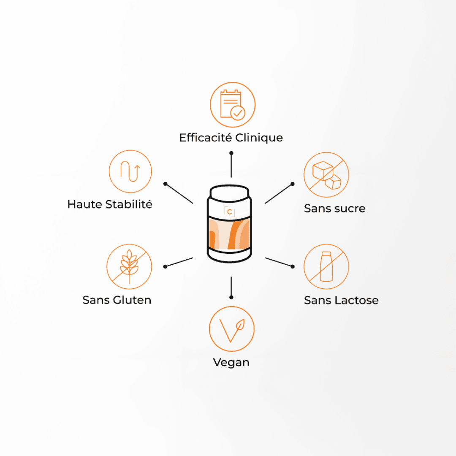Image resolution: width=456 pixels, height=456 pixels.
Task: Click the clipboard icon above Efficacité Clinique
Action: (x=232, y=105)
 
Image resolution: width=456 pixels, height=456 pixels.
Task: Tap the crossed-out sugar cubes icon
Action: (x=326, y=175)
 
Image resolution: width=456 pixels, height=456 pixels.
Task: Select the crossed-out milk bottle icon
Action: (x=326, y=266)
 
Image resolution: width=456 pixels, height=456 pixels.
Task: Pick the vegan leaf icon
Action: (x=231, y=329)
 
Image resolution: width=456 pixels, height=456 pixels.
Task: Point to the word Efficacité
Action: (x=205, y=138)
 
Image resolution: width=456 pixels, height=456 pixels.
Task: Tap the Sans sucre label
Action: (x=334, y=208)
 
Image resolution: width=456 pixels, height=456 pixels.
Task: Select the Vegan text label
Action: (x=231, y=362)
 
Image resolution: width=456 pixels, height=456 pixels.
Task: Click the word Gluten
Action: (x=132, y=300)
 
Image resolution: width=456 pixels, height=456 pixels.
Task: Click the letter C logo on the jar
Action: (x=229, y=212)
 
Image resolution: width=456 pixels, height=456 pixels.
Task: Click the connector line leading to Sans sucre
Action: (x=279, y=194)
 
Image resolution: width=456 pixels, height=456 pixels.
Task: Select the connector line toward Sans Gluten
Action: (x=179, y=262)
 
